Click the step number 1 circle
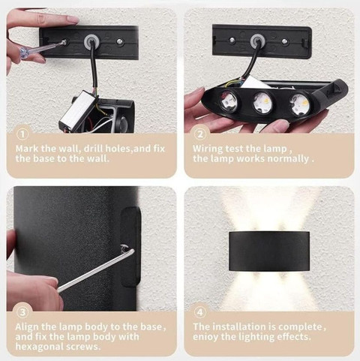(22, 134)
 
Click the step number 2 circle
(200, 134)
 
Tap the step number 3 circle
(22, 312)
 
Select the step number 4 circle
(200, 312)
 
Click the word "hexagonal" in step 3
(39, 347)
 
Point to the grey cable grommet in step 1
(90, 41)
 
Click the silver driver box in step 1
(78, 110)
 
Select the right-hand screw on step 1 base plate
(120, 41)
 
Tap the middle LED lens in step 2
(262, 101)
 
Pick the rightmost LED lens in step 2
(299, 104)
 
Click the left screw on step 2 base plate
(232, 40)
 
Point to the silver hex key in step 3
(96, 269)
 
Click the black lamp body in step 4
(269, 251)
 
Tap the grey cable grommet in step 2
(256, 40)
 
